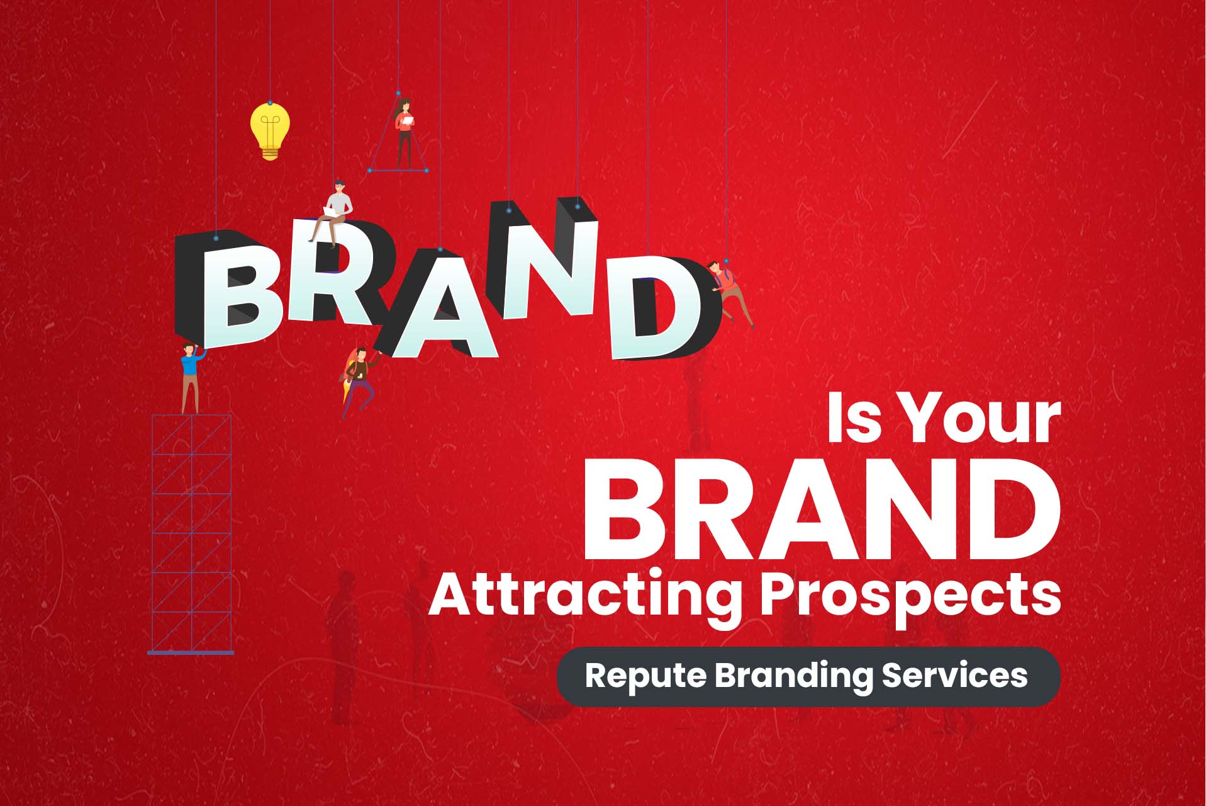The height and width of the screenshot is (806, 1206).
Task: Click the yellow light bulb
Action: [270, 131]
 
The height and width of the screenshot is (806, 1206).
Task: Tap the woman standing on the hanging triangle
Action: [405, 133]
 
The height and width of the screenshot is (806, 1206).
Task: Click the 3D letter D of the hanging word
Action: [664, 309]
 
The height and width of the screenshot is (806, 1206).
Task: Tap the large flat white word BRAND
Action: [822, 509]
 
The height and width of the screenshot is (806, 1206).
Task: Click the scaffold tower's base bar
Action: [191, 652]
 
